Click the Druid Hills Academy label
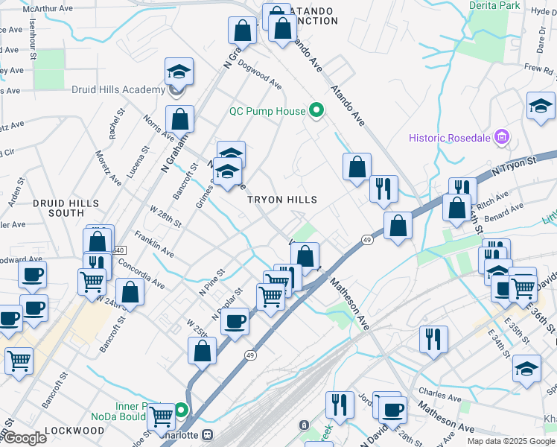click(118, 90)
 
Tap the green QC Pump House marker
click(316, 111)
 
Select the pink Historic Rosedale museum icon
click(502, 137)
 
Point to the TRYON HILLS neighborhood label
click(282, 200)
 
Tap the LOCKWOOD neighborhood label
click(74, 431)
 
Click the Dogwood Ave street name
click(260, 74)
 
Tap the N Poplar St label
click(227, 305)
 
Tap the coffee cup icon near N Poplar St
click(235, 321)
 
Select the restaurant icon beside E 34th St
click(433, 339)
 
